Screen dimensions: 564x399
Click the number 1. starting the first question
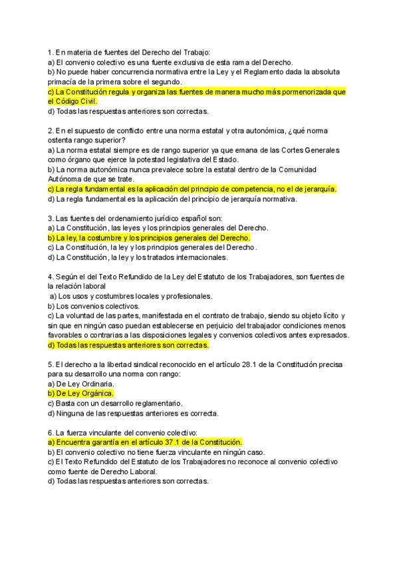(x=51, y=52)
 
